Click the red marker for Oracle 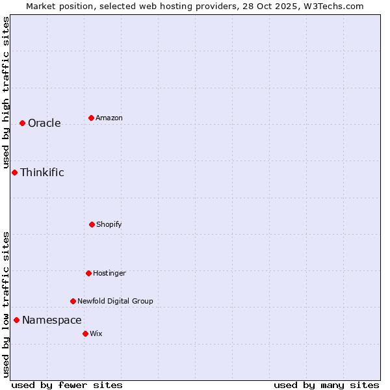(22, 123)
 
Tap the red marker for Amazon (91, 118)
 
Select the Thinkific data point (14, 172)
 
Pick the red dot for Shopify (92, 224)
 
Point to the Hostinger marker (88, 273)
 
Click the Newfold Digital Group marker (73, 301)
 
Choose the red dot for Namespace (16, 320)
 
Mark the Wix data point (85, 333)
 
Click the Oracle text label (44, 123)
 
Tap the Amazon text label (109, 118)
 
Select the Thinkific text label (42, 173)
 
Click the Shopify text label (109, 225)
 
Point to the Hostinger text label (109, 274)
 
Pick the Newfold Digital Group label (115, 302)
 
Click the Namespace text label (52, 320)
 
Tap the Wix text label (96, 334)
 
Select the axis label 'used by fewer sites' (67, 385)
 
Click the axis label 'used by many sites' (326, 385)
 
